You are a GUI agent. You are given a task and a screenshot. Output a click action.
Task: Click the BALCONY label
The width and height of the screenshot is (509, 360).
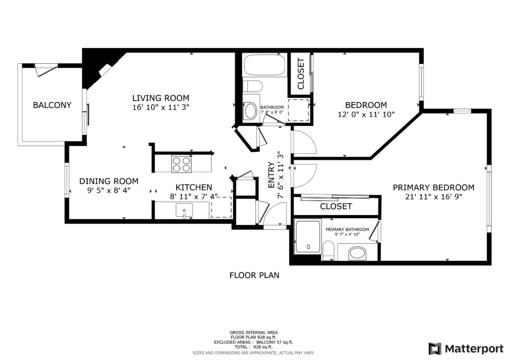pyautogui.click(x=52, y=105)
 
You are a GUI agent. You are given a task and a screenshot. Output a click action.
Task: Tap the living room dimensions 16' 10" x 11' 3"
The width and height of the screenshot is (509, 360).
pyautogui.click(x=161, y=107)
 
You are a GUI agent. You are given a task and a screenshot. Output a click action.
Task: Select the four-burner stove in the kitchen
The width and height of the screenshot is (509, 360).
pyautogui.click(x=181, y=164)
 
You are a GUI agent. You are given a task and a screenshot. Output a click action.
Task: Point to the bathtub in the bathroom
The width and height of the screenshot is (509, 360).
pyautogui.click(x=264, y=65)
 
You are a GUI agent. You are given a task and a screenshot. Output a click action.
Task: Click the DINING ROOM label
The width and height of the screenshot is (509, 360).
pyautogui.click(x=109, y=181)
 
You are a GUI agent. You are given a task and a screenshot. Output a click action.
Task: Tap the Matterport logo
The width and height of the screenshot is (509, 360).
pyautogui.click(x=466, y=348)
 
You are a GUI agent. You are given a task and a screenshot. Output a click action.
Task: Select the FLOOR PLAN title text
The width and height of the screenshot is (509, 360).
pyautogui.click(x=254, y=275)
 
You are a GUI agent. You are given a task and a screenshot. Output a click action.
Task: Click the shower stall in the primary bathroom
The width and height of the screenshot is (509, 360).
pyautogui.click(x=308, y=237)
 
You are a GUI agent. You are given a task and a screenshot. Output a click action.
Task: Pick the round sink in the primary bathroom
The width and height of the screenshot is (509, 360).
pyautogui.click(x=357, y=254)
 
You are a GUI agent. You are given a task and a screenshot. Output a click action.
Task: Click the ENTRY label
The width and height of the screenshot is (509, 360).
pyautogui.click(x=271, y=175)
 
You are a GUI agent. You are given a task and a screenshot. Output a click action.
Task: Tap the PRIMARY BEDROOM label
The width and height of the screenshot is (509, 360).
pyautogui.click(x=433, y=187)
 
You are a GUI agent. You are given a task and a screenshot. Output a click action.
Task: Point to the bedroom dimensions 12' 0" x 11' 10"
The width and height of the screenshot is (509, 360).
pyautogui.click(x=366, y=114)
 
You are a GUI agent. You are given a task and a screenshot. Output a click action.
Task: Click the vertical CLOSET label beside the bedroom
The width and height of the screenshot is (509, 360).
pyautogui.click(x=301, y=74)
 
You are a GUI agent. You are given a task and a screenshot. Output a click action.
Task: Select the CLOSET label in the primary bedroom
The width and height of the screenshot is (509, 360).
pyautogui.click(x=336, y=206)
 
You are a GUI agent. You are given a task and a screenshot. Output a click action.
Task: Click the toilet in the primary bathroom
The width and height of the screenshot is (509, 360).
pyautogui.click(x=328, y=251)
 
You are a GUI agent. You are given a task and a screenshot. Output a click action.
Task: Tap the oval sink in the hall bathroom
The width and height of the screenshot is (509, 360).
pyautogui.click(x=250, y=111)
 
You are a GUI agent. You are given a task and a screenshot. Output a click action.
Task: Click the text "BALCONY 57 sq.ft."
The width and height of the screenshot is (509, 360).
pyautogui.click(x=275, y=342)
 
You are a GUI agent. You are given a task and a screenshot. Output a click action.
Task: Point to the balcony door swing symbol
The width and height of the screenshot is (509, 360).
pyautogui.click(x=46, y=71)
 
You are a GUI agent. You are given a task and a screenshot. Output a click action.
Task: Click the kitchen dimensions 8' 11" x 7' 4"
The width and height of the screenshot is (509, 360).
pyautogui.click(x=194, y=196)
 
